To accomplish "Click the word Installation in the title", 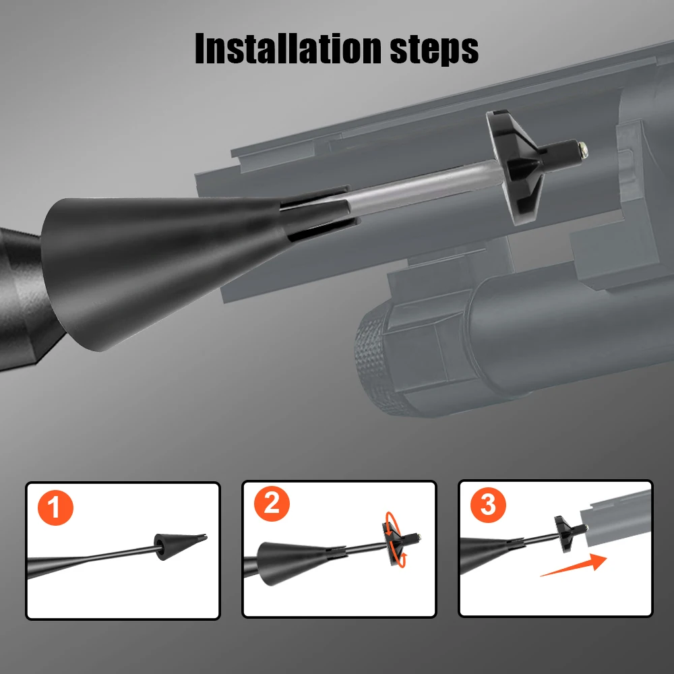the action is [288, 48].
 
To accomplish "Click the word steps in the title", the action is [434, 51].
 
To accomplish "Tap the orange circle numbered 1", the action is [55, 508].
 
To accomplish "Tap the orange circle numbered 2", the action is [272, 503].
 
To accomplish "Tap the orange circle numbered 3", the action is [488, 505].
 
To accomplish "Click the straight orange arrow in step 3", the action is [574, 565].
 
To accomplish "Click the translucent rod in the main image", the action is [425, 188].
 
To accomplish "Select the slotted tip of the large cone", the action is [320, 212].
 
